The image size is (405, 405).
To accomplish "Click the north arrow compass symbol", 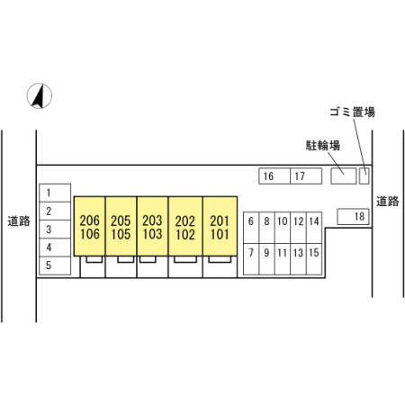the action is pyautogui.click(x=40, y=95).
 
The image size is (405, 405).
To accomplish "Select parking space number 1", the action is pyautogui.click(x=55, y=193).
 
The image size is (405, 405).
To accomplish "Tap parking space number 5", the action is pyautogui.click(x=55, y=265).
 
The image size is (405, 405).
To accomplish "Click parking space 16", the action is pyautogui.click(x=274, y=176).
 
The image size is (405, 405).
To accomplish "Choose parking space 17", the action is pyautogui.click(x=306, y=176).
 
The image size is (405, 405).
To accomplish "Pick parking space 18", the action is pyautogui.click(x=353, y=217).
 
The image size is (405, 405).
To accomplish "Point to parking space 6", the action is pyautogui.click(x=251, y=228).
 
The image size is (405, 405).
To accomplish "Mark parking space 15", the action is pyautogui.click(x=314, y=259).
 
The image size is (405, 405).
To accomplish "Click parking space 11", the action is pyautogui.click(x=283, y=259).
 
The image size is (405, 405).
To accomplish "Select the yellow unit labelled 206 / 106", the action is pyautogui.click(x=90, y=226).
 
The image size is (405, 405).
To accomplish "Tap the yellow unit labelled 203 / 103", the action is pyautogui.click(x=153, y=226).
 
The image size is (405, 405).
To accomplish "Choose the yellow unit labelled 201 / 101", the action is pyautogui.click(x=220, y=226).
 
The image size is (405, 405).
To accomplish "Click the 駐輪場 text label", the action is pyautogui.click(x=323, y=146).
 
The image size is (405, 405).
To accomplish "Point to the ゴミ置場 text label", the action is pyautogui.click(x=353, y=112).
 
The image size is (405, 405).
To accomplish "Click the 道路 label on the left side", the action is pyautogui.click(x=19, y=221).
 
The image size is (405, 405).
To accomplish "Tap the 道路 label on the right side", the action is pyautogui.click(x=388, y=202).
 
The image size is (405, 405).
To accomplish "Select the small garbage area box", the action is pyautogui.click(x=364, y=176).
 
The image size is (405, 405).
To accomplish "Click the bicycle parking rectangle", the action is pyautogui.click(x=344, y=176).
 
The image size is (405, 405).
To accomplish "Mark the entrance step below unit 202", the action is pyautogui.click(x=185, y=259).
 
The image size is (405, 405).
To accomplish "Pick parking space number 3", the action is pyautogui.click(x=55, y=229).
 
